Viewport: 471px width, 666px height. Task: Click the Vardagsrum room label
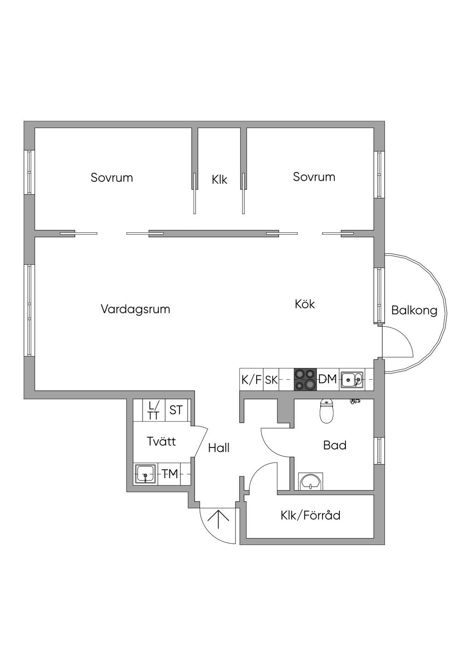point(135,309)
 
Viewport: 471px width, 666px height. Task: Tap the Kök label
point(305,304)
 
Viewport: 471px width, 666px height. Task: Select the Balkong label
point(414,310)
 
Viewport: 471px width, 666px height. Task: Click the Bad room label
point(335,445)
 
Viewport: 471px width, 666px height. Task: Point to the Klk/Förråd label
point(310,515)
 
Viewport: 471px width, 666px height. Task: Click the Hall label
point(218,448)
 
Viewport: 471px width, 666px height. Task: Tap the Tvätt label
point(161,442)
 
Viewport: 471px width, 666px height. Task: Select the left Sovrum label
point(112,178)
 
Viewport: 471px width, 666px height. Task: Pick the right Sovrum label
point(314,177)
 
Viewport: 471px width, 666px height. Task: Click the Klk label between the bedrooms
point(219,179)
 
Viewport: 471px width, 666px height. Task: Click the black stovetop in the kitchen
point(305,379)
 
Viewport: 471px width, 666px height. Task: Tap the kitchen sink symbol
point(351,380)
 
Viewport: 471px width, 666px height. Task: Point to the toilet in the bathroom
point(326,412)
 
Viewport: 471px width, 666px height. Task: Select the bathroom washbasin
point(311,482)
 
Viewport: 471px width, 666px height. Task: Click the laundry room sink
point(146,474)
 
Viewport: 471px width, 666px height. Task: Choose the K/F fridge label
point(251,380)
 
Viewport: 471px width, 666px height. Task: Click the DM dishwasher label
point(328,379)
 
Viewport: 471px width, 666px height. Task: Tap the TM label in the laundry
point(170,474)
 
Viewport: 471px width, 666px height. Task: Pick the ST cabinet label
point(176,410)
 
